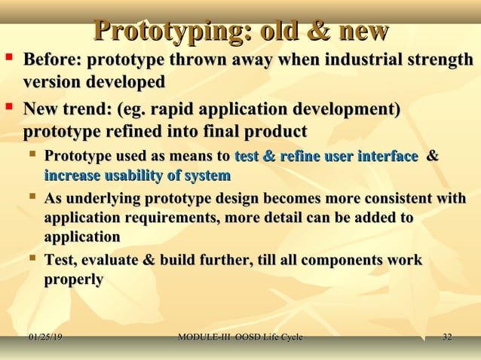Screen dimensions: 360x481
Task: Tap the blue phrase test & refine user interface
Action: (326, 157)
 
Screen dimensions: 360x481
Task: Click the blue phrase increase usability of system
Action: (137, 176)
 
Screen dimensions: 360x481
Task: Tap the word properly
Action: (74, 279)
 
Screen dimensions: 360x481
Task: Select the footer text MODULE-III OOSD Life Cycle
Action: (240, 337)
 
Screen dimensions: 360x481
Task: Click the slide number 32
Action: (447, 337)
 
